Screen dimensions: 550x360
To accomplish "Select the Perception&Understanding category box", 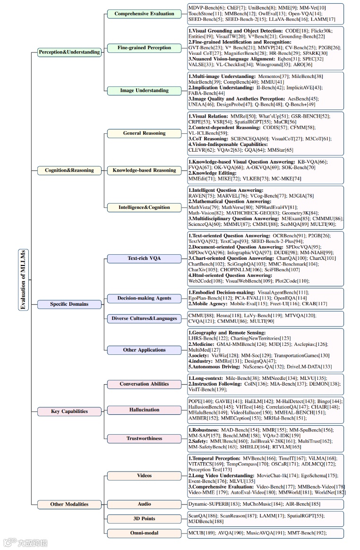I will click(x=69, y=52).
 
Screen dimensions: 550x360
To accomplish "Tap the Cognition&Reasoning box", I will click(x=69, y=170).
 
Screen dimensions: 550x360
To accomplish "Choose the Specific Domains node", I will click(x=69, y=304).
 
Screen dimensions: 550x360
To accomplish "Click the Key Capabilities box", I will click(x=69, y=411).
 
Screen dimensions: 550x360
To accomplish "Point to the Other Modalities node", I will click(x=69, y=504).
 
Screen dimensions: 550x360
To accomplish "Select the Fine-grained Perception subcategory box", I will click(x=144, y=48).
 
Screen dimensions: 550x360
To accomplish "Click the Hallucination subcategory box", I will click(x=144, y=410).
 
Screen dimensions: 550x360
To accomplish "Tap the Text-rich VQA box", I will click(x=144, y=258).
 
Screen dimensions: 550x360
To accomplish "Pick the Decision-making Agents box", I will click(x=144, y=298).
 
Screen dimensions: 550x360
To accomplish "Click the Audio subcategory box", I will click(x=144, y=504).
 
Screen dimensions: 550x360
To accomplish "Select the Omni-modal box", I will click(x=144, y=533).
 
